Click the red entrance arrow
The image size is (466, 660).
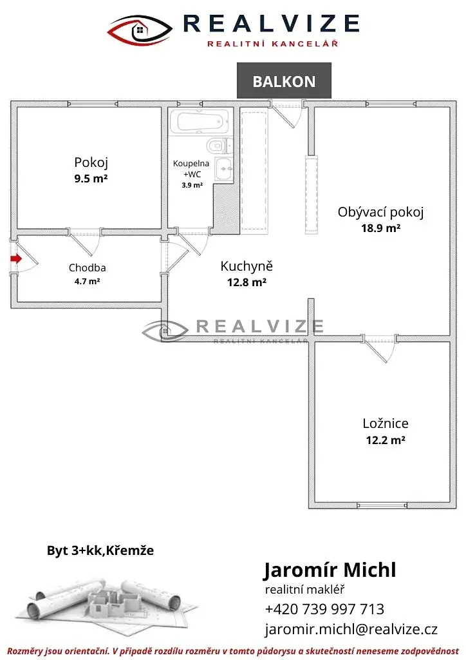pyautogui.click(x=16, y=258)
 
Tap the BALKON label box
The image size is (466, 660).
pyautogui.click(x=284, y=81)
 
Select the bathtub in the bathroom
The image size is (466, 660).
pyautogui.click(x=199, y=122)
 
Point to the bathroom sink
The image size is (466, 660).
pyautogui.click(x=224, y=169)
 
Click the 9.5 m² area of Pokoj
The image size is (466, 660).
pyautogui.click(x=91, y=179)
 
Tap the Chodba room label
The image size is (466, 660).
pyautogui.click(x=88, y=267)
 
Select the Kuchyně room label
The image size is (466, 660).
pyautogui.click(x=247, y=266)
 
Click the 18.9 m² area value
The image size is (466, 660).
pyautogui.click(x=380, y=228)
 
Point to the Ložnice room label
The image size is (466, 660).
pyautogui.click(x=386, y=423)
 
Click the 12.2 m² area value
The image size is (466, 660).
pyautogui.click(x=386, y=440)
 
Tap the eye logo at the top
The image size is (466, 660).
pyautogui.click(x=140, y=30)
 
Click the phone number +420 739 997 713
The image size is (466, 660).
pyautogui.click(x=324, y=609)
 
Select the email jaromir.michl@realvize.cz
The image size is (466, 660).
pyautogui.click(x=351, y=629)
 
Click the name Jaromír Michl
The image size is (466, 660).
pyautogui.click(x=330, y=570)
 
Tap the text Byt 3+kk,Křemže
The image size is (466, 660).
pyautogui.click(x=100, y=550)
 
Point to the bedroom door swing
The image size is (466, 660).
pyautogui.click(x=380, y=350)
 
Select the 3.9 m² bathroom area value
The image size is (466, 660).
pyautogui.click(x=192, y=185)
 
